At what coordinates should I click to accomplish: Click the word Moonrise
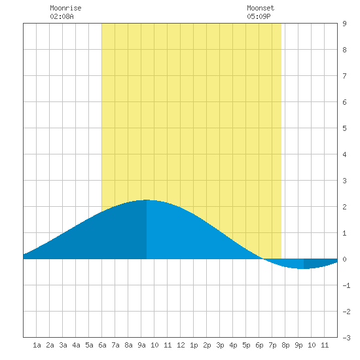[65, 8]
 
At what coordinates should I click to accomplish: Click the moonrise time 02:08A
[62, 16]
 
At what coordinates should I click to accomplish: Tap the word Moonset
[261, 8]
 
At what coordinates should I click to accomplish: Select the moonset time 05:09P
[259, 16]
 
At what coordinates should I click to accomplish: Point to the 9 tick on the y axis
[344, 24]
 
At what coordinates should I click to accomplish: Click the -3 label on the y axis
[346, 338]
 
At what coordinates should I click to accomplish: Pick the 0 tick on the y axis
[344, 259]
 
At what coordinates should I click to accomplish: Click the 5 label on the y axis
[344, 128]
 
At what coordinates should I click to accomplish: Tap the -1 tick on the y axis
[346, 285]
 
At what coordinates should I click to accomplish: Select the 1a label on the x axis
[37, 345]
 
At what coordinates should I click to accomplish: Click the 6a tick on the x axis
[102, 345]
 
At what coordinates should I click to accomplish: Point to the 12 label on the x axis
[181, 345]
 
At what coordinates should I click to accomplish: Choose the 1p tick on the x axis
[194, 345]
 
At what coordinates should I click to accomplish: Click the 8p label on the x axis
[285, 345]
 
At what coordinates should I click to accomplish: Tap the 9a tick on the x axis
[141, 345]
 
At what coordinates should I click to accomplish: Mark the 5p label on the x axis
[246, 345]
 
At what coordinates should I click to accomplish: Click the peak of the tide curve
[146, 200]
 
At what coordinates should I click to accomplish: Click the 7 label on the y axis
[344, 76]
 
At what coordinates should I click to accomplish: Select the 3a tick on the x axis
[63, 345]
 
